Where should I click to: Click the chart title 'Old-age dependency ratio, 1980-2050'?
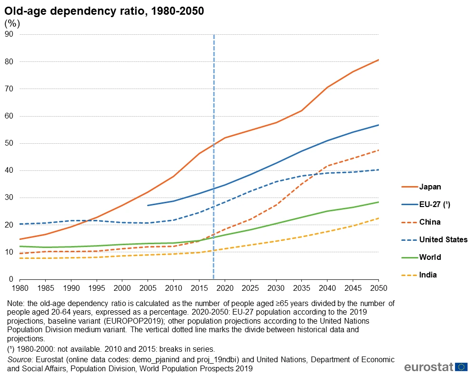click(x=104, y=11)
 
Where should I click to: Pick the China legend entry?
click(x=430, y=222)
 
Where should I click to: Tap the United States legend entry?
click(x=443, y=239)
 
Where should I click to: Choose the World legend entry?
click(x=430, y=257)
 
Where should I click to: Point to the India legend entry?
click(x=428, y=275)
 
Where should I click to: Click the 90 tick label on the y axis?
click(x=9, y=34)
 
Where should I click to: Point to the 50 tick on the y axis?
click(x=9, y=143)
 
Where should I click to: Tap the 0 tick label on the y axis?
click(x=11, y=279)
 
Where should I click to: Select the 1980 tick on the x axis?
click(x=20, y=288)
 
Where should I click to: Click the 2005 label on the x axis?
click(x=148, y=288)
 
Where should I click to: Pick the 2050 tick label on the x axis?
click(x=378, y=288)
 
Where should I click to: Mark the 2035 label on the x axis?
click(x=302, y=288)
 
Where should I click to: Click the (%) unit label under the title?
click(x=12, y=23)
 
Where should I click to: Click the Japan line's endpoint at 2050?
click(x=378, y=59)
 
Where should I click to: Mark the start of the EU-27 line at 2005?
click(x=148, y=205)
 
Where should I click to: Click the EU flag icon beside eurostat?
click(x=461, y=366)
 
